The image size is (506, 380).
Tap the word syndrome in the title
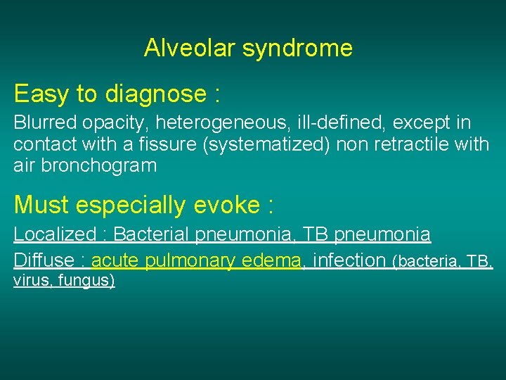(x=297, y=48)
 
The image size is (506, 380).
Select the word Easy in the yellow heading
(x=39, y=93)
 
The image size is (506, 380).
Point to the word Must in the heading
(x=41, y=205)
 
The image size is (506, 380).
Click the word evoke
(x=226, y=205)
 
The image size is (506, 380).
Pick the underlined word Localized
(x=54, y=234)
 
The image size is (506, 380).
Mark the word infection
(x=349, y=260)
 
